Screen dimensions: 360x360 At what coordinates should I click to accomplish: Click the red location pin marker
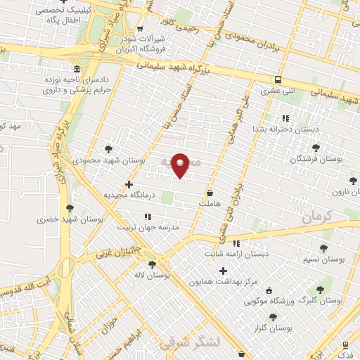[181, 165]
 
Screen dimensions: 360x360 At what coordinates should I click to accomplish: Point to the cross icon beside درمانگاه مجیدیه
[129, 184]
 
